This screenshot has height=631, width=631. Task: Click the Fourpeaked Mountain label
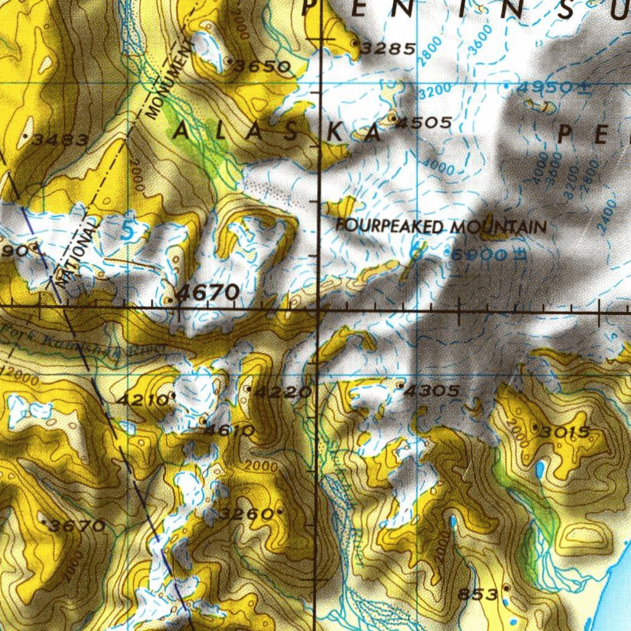coord(441,226)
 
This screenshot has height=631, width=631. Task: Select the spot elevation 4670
coord(208,293)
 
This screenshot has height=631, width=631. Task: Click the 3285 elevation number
coord(388,48)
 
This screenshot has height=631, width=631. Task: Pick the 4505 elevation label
coord(424,123)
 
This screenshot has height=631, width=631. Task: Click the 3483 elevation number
coord(60,140)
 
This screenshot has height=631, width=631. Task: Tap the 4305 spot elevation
coord(433,391)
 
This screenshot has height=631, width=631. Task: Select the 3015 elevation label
coord(564,432)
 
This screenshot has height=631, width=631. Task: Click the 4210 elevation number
coord(142,400)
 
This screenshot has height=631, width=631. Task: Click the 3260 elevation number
coord(246,513)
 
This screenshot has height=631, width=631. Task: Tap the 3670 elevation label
coord(77,526)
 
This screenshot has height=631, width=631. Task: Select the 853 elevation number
coord(478,595)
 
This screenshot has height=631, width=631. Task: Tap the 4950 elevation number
coord(545,88)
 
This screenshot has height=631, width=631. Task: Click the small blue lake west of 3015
coord(540,470)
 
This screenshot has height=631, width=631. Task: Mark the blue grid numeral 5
coord(127,231)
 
